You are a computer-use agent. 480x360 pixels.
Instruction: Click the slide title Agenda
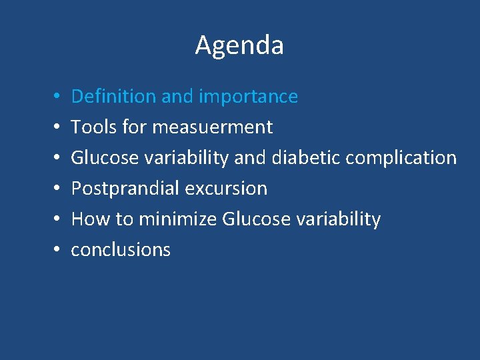pos(239,45)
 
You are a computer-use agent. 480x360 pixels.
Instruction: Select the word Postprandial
pos(125,189)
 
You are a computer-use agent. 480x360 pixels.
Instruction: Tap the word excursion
pos(226,189)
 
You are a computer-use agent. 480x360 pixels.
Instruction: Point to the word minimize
pos(177,219)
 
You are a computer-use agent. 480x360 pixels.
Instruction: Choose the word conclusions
pos(121,250)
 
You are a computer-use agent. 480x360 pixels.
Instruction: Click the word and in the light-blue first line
pos(177,97)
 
